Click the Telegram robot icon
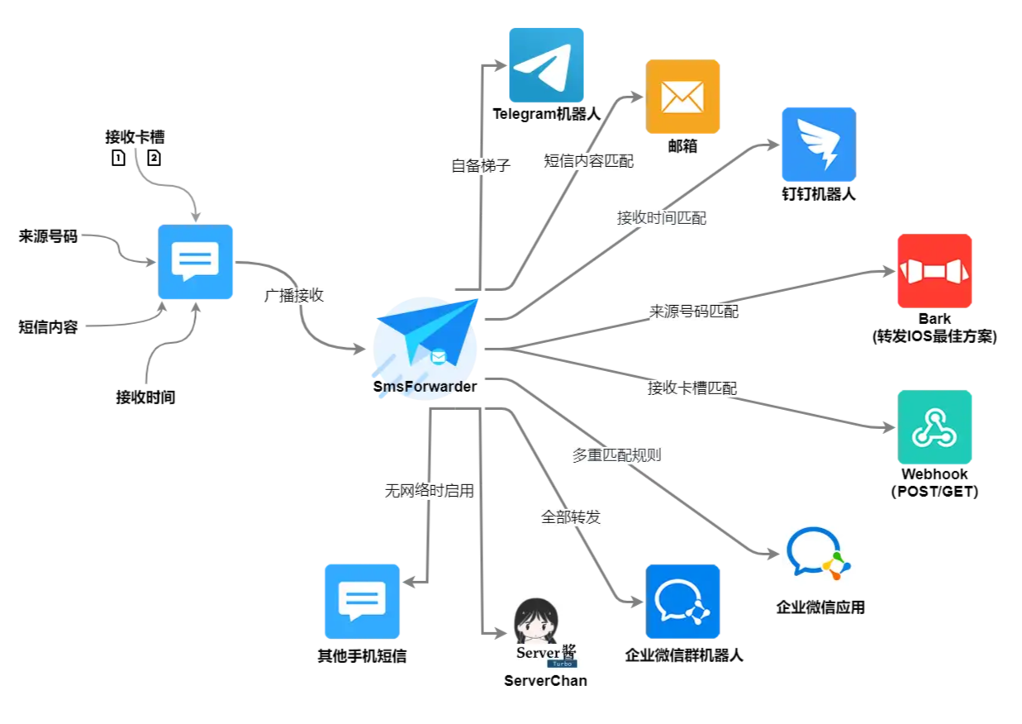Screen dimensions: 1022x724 [546, 64]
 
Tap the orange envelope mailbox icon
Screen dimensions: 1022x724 [682, 97]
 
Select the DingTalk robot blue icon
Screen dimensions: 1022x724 [819, 145]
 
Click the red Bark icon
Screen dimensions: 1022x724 [934, 271]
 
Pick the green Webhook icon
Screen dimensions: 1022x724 [934, 426]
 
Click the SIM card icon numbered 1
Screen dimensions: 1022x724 [118, 158]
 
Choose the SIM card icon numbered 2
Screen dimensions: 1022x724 [154, 158]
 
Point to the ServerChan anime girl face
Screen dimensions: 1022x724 [536, 621]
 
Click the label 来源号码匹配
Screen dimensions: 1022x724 [693, 312]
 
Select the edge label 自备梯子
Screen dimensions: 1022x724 [481, 165]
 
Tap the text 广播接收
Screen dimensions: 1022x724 [294, 295]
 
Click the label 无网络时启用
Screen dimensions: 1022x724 [430, 491]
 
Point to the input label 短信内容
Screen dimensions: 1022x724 [48, 326]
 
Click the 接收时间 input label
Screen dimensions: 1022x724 [145, 397]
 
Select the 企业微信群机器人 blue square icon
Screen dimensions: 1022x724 [682, 601]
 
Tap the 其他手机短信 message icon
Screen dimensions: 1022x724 [362, 601]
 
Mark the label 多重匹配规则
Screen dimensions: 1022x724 [617, 455]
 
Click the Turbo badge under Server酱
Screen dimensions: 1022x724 [562, 664]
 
